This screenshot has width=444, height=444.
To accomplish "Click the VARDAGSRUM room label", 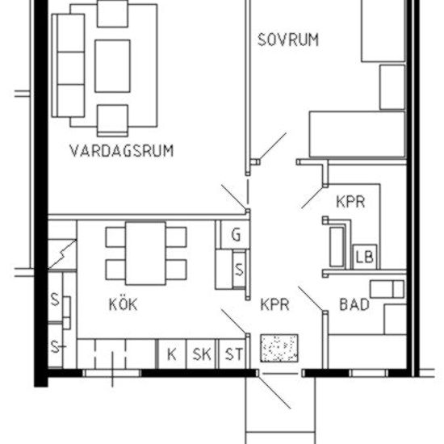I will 121,151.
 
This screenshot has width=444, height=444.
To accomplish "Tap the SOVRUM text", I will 287,40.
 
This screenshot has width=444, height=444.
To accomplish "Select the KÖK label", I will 123,304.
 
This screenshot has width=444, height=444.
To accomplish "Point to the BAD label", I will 354,304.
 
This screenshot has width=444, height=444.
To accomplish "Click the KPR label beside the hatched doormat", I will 274,305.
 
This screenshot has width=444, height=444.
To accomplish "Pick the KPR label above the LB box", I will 350,201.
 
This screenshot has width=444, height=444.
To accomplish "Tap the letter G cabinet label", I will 237,235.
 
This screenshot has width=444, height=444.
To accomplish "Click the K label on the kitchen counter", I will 171,354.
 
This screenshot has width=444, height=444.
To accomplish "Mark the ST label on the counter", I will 233,354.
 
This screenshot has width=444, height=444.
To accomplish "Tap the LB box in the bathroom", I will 364,257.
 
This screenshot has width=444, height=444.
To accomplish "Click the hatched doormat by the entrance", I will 279,349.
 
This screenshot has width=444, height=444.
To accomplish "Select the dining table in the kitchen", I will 145,253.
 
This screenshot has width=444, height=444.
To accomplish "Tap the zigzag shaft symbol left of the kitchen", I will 61,255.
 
